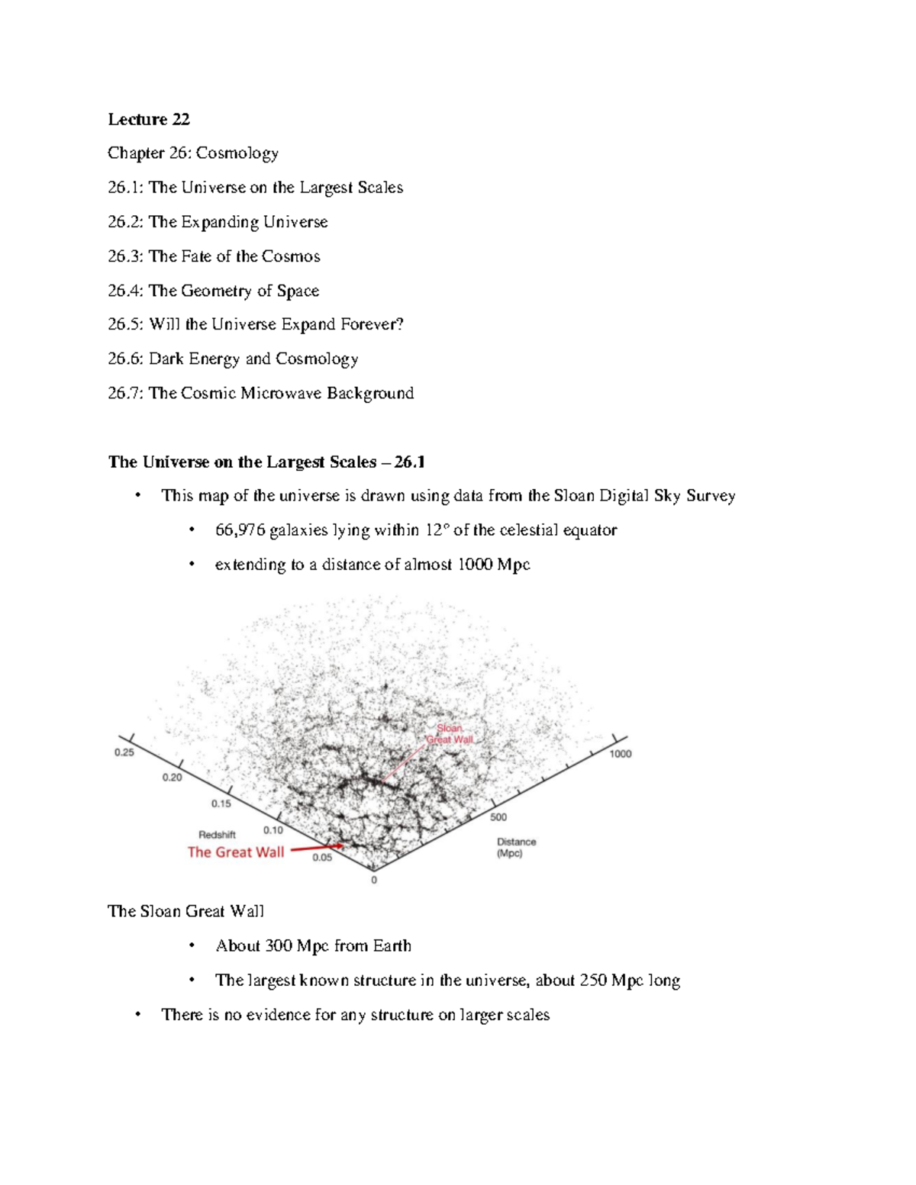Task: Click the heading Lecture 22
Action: pos(149,119)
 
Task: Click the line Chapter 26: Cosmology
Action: pos(193,153)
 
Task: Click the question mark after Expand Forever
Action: pos(399,324)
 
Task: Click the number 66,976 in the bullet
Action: pos(240,530)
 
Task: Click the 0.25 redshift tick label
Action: pos(124,752)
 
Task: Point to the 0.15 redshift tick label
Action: pos(221,803)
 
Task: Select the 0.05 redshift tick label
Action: pos(322,858)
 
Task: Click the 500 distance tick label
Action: pos(498,817)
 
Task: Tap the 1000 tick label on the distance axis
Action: pos(621,754)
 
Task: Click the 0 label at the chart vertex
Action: pos(374,881)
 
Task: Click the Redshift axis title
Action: pos(218,835)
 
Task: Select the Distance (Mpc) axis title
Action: pos(517,848)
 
